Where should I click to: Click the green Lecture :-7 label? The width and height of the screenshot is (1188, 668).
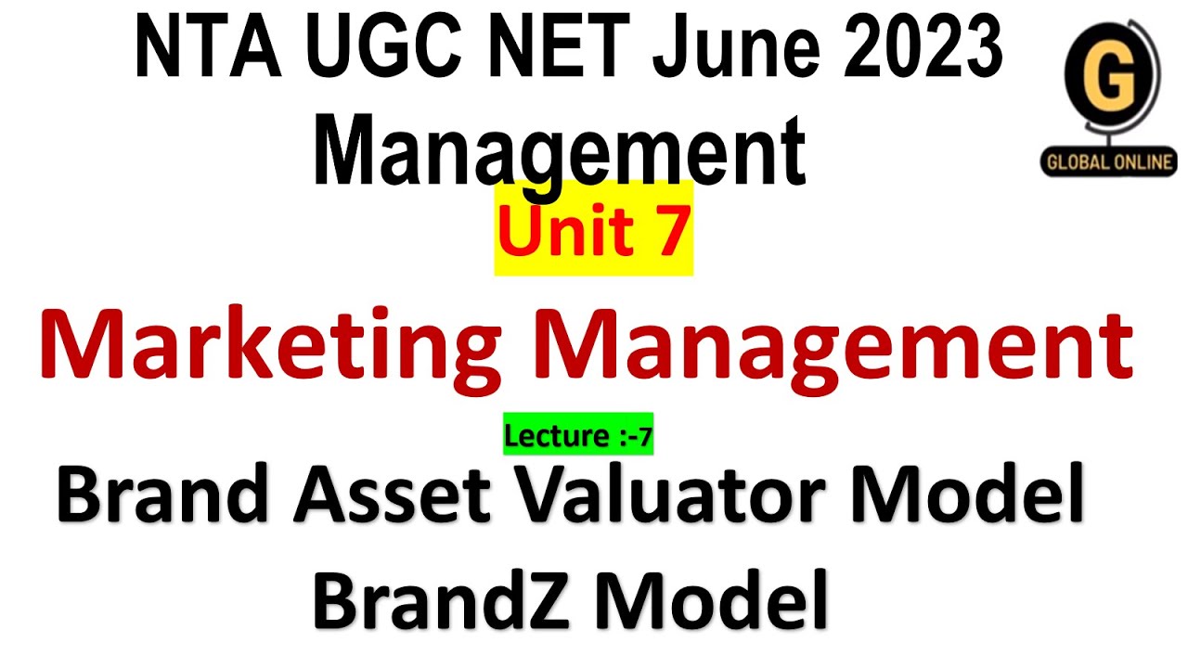pos(579,434)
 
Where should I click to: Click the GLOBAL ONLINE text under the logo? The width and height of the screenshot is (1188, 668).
pos(1108,162)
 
